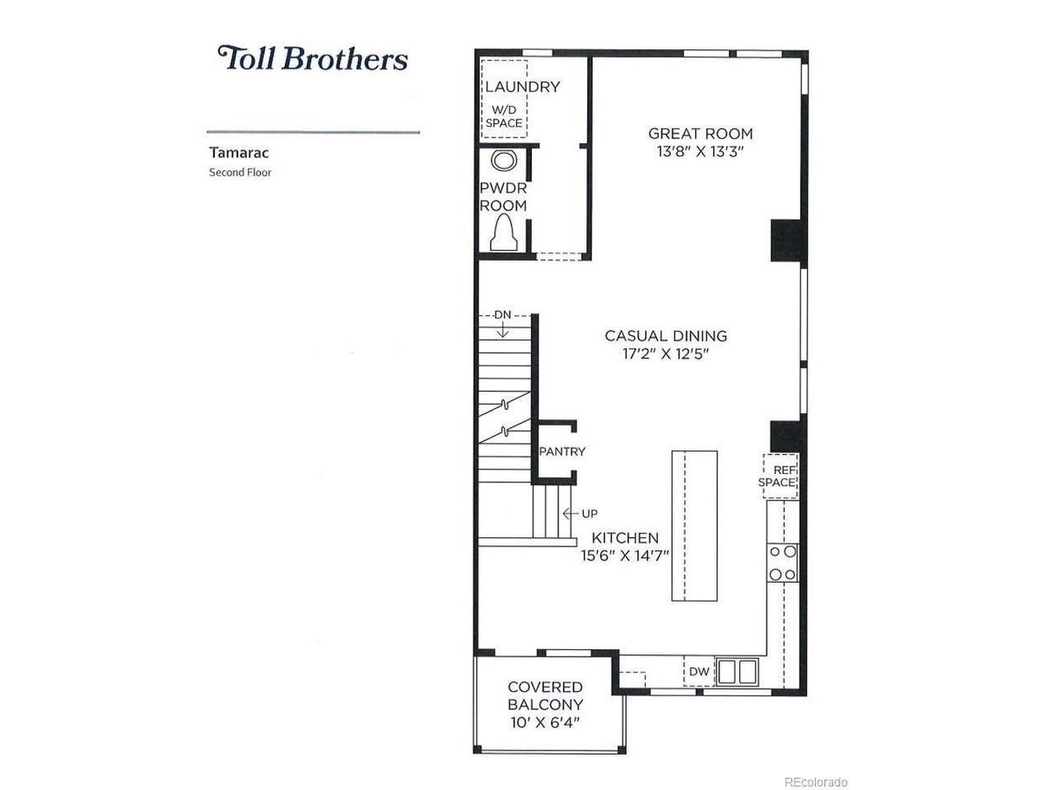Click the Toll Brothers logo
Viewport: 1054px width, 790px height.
tap(313, 58)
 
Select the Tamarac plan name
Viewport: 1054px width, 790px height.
tap(228, 152)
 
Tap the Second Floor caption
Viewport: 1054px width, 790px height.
tap(240, 173)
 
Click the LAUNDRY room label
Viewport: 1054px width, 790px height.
tap(522, 86)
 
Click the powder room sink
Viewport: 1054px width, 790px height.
tap(502, 160)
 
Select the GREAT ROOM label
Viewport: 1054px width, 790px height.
tap(700, 133)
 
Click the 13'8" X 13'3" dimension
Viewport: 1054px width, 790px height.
tap(700, 152)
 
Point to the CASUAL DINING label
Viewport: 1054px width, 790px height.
tap(665, 336)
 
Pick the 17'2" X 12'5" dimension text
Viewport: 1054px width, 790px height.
tap(665, 355)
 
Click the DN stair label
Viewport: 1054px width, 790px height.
tap(502, 314)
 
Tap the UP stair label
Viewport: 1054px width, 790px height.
tap(590, 513)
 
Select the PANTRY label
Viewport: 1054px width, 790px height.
tap(562, 452)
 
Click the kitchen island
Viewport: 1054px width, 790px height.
tap(694, 526)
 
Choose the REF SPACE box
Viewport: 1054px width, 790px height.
tap(779, 476)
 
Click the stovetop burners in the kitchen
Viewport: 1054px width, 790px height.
tap(782, 563)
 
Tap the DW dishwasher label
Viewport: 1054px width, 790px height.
tap(699, 672)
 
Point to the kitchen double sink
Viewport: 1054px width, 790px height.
tap(737, 671)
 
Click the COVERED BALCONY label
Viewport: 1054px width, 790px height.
tap(545, 696)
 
